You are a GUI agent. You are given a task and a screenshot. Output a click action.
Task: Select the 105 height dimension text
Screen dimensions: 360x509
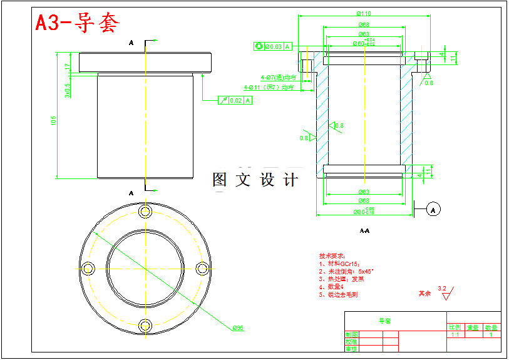pos(54,120)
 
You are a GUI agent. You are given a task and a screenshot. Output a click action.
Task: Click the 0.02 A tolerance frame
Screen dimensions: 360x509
pos(236,100)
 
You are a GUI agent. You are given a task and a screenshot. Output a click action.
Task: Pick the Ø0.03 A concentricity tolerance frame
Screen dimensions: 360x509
pos(272,46)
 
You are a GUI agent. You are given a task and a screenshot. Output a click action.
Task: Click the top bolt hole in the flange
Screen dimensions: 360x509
pos(146,212)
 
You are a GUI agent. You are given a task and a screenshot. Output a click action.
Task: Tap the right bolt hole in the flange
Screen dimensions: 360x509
pos(202,268)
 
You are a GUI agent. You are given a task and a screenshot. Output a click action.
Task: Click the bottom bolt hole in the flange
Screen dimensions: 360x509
pos(146,325)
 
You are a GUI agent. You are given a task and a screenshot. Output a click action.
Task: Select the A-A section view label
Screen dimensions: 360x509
pos(364,231)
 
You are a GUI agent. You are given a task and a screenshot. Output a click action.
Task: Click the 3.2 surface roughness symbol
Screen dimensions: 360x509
pos(444,289)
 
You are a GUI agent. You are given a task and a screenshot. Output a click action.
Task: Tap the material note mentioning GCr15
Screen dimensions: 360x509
pos(339,264)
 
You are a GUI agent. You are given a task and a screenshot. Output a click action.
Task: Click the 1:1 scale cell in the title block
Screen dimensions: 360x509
pos(455,335)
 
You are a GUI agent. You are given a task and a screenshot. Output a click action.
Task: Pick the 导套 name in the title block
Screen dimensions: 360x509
pos(384,321)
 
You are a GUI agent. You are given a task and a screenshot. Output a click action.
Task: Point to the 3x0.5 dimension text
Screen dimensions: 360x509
pos(68,91)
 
